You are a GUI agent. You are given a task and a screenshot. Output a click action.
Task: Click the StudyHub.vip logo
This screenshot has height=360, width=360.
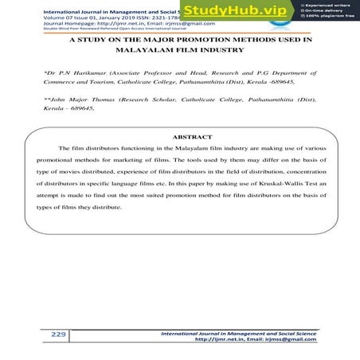pyautogui.click(x=234, y=11)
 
